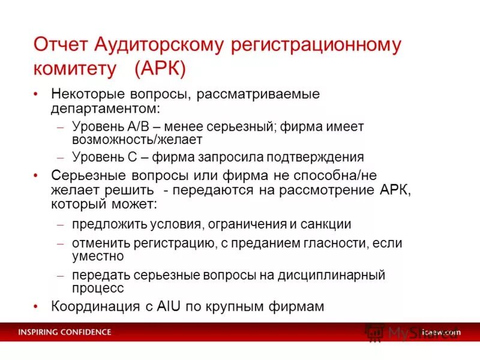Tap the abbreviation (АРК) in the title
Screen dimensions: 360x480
pyautogui.click(x=160, y=68)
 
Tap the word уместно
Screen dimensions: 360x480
pyautogui.click(x=98, y=256)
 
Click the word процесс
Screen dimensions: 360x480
pyautogui.click(x=98, y=288)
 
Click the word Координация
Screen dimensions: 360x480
pyautogui.click(x=89, y=306)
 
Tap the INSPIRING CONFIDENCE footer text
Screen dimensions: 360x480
pyautogui.click(x=64, y=332)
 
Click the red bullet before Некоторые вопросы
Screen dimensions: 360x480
pyautogui.click(x=37, y=95)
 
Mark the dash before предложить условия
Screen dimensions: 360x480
pyautogui.click(x=60, y=225)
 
